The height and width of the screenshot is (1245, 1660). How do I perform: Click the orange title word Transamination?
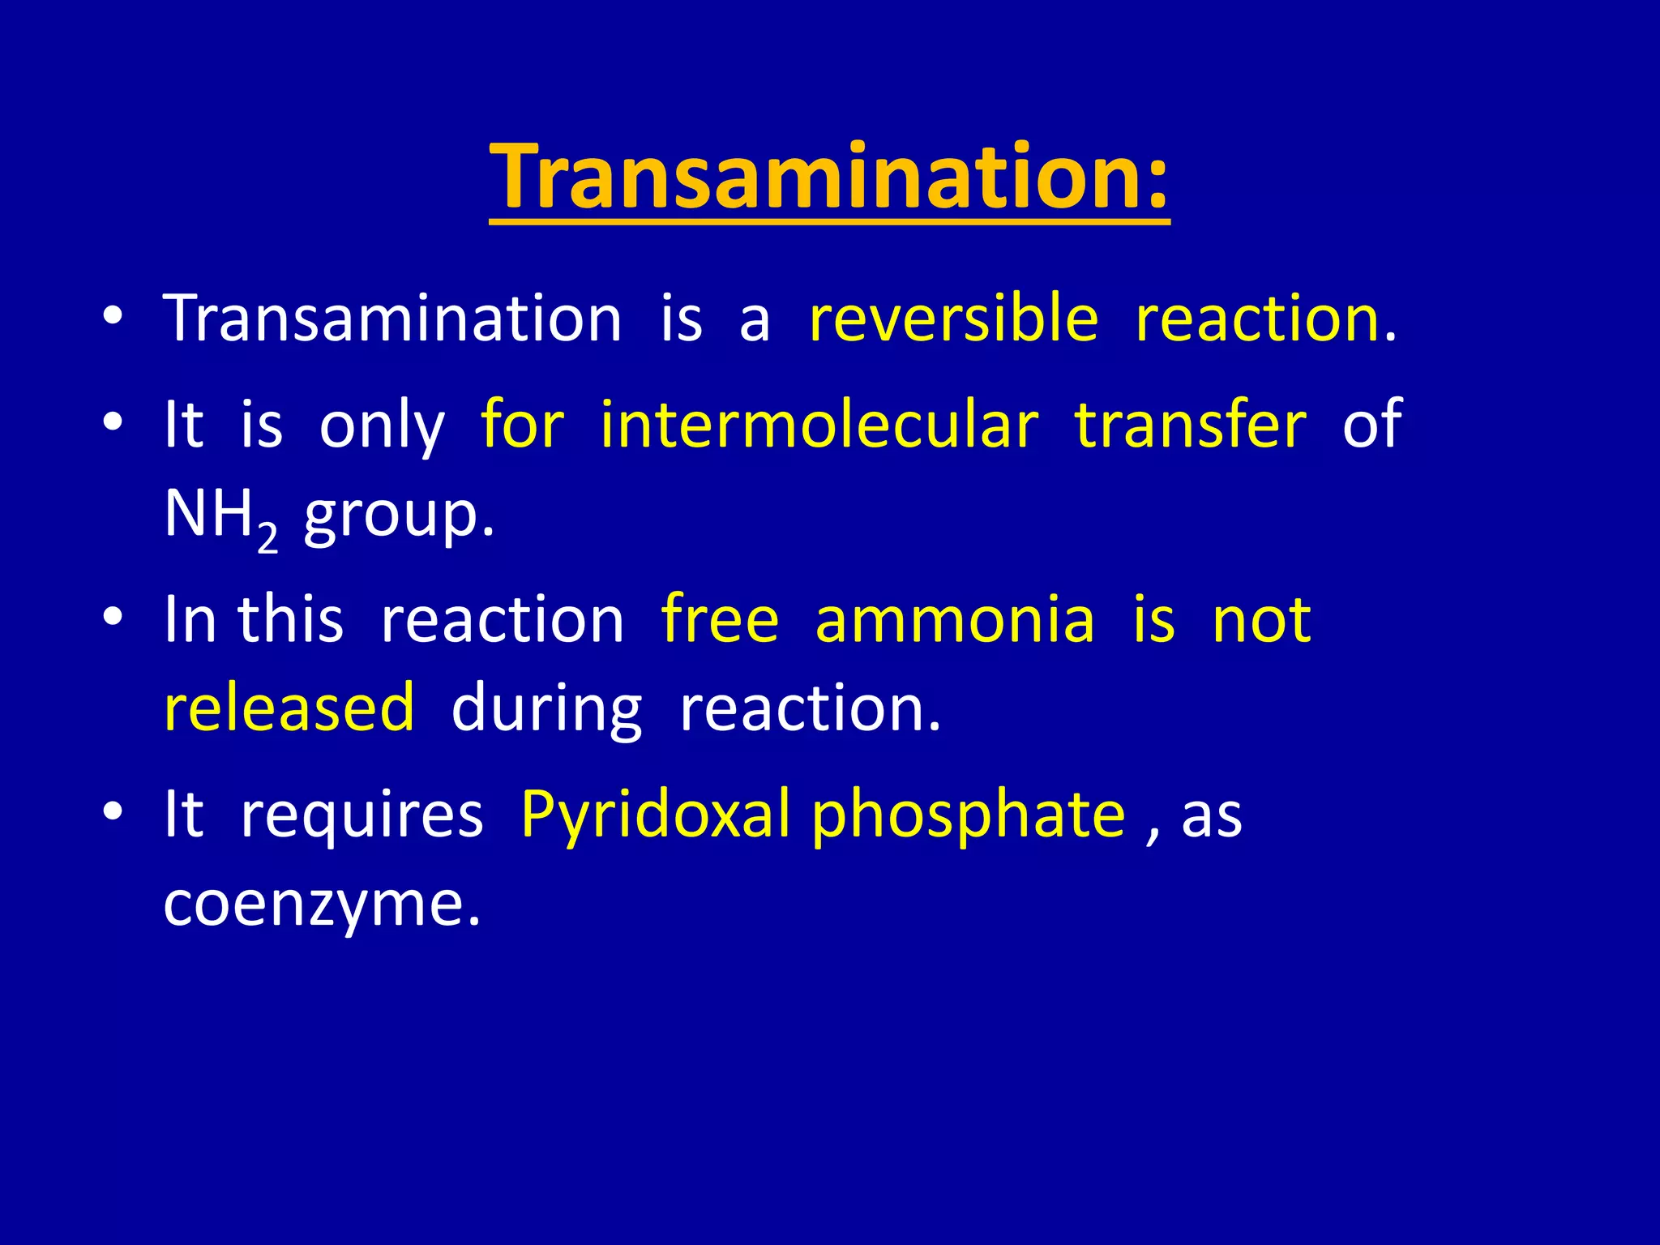815,176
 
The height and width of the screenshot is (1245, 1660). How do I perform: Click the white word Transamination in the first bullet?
392,318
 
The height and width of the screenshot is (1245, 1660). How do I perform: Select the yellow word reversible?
953,318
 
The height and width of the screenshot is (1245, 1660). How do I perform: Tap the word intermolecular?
819,424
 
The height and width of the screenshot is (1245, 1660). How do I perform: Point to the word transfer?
1190,424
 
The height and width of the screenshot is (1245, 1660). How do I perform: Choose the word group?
399,516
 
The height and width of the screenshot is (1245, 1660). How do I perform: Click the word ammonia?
955,620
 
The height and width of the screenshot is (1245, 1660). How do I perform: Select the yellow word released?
289,708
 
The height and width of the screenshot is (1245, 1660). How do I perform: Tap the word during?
546,708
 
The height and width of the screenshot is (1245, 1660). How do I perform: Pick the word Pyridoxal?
655,814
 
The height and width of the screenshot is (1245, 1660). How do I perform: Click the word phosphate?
969,814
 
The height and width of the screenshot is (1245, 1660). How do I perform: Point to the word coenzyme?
322,903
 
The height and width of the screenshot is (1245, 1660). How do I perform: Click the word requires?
362,814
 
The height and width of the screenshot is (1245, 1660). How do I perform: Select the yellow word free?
720,620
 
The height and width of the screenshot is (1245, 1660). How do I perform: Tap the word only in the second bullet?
382,424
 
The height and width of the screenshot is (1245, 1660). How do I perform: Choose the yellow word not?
1261,620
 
